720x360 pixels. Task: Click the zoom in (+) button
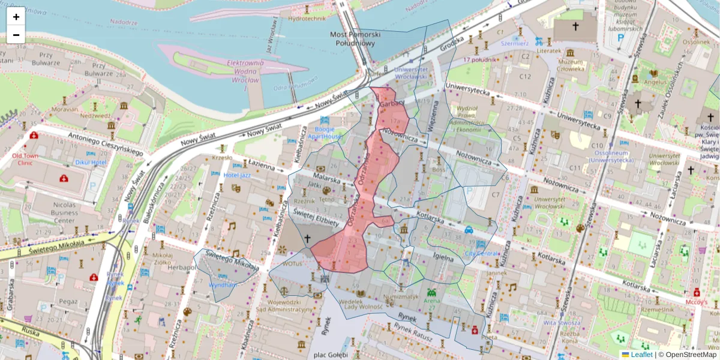coord(16,17)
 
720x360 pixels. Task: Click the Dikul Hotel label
coord(91,163)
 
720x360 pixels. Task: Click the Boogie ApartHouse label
coord(325,133)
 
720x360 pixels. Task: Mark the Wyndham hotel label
coord(223,284)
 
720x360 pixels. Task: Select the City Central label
coord(481,253)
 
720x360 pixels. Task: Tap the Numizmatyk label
coord(401,296)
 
